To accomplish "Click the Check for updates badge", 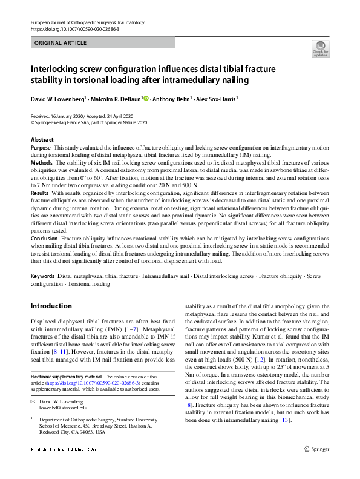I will (319, 48).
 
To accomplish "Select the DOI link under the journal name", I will (74, 29).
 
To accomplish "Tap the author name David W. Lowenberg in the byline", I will (58, 98).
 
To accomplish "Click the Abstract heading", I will (42, 140).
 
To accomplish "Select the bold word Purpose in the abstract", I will (41, 147).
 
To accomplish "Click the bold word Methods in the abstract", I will (41, 164).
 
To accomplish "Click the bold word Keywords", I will (42, 276).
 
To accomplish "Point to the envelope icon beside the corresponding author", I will (33, 418).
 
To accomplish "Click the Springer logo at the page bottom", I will (317, 466).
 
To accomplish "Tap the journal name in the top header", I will (87, 22).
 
